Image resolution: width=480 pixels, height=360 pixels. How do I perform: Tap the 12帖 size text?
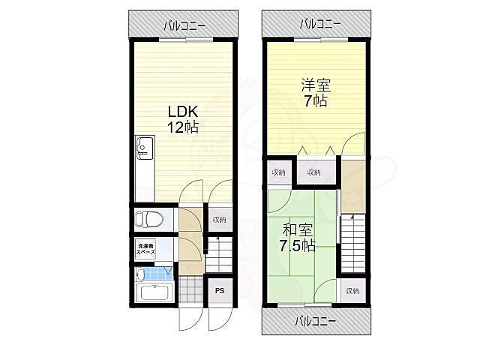tap(182, 127)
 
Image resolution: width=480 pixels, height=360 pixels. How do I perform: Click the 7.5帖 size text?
tap(298, 245)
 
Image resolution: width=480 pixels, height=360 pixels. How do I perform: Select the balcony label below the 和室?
tap(314, 320)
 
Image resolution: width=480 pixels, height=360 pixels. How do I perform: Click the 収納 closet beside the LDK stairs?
tap(219, 220)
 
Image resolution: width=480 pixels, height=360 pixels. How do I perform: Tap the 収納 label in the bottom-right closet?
tap(352, 290)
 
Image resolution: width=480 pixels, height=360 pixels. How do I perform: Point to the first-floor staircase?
tap(219, 254)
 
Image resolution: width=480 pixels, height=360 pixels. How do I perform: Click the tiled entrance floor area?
tap(193, 289)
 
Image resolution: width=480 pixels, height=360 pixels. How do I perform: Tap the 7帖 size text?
tap(314, 101)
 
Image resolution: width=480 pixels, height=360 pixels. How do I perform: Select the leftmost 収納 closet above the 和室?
tap(278, 173)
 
